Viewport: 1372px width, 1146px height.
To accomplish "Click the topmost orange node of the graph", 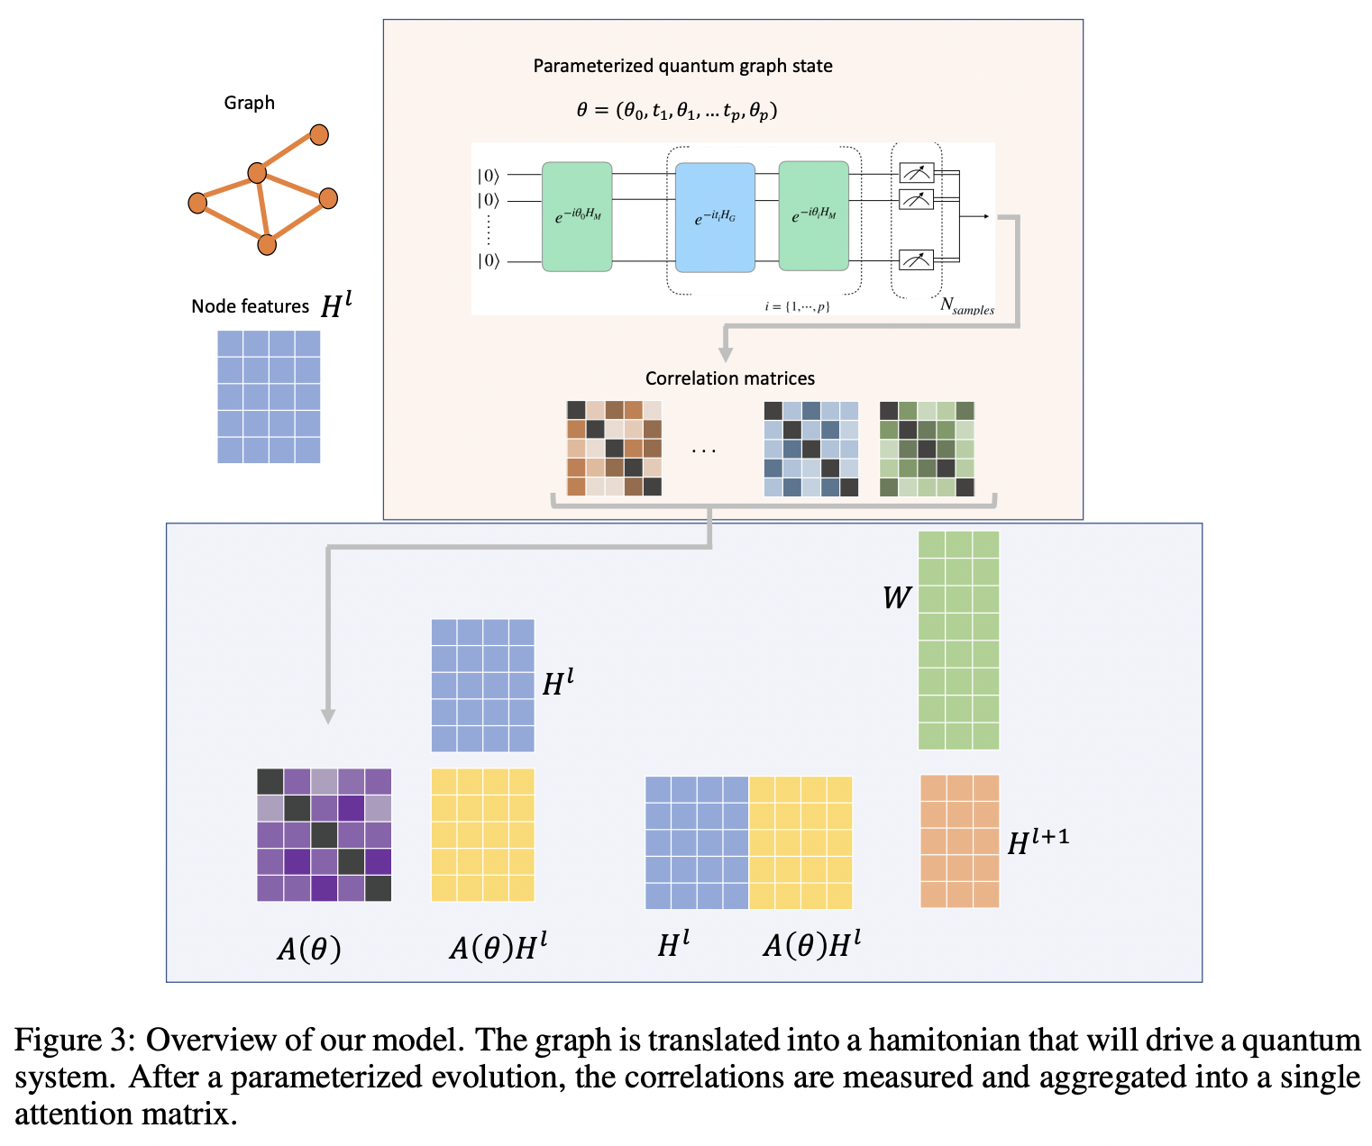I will pyautogui.click(x=319, y=134).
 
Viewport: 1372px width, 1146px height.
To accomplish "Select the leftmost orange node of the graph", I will pyautogui.click(x=197, y=203).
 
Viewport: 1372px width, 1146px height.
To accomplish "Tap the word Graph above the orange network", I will pyautogui.click(x=249, y=103).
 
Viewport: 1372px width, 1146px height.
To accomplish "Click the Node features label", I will pyautogui.click(x=250, y=306).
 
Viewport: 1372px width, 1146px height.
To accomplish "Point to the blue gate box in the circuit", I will pyautogui.click(x=715, y=217).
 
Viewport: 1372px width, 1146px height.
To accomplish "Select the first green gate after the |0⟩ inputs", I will pyautogui.click(x=577, y=216).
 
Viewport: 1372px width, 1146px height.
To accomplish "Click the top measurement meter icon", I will pyautogui.click(x=917, y=173).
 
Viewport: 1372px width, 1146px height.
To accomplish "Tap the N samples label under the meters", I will pyautogui.click(x=966, y=305).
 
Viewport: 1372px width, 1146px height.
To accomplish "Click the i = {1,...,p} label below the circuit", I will pyautogui.click(x=797, y=307).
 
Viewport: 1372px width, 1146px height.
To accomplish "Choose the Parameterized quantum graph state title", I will pyautogui.click(x=682, y=66).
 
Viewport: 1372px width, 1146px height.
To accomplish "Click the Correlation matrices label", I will pyautogui.click(x=729, y=378).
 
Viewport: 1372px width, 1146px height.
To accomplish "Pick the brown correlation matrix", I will pyautogui.click(x=614, y=449).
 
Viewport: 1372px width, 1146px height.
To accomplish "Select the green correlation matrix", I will pyautogui.click(x=927, y=449).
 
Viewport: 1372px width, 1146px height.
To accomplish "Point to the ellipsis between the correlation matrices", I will pyautogui.click(x=703, y=450).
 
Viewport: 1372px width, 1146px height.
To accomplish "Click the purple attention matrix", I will pyautogui.click(x=324, y=835).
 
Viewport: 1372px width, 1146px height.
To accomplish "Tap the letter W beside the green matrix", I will pyautogui.click(x=896, y=598).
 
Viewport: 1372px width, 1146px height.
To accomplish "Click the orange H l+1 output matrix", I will pyautogui.click(x=959, y=841).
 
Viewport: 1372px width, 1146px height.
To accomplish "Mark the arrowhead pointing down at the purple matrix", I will pyautogui.click(x=328, y=716).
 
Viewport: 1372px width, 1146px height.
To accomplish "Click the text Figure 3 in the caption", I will pyautogui.click(x=74, y=1040).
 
